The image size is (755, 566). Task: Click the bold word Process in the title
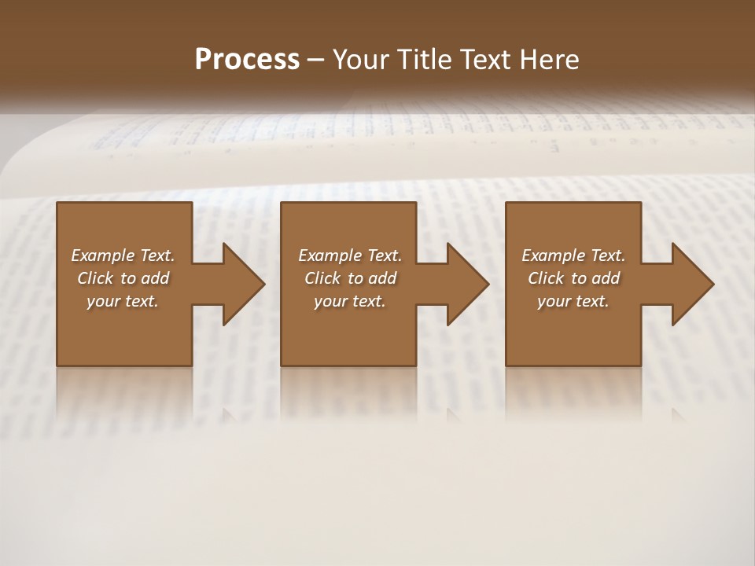point(247,60)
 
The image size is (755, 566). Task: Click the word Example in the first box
point(103,255)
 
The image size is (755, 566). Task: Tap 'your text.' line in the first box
point(123,301)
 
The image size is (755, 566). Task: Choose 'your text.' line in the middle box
point(350,301)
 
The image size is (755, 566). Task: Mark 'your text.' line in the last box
point(573,301)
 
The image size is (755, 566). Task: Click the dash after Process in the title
point(316,60)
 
